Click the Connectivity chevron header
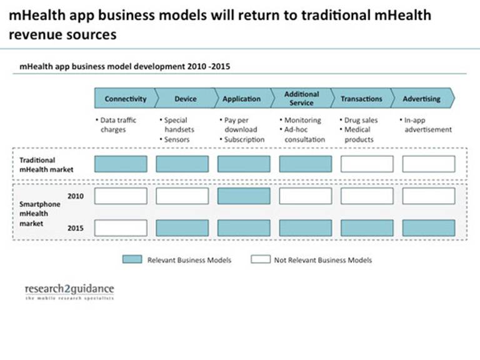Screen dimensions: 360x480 click(125, 99)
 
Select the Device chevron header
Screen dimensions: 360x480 click(185, 99)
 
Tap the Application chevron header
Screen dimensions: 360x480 click(241, 99)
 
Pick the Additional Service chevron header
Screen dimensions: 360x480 click(301, 99)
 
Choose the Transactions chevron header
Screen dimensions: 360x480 click(361, 99)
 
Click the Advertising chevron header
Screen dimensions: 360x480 click(422, 99)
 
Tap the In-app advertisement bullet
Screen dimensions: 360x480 click(426, 124)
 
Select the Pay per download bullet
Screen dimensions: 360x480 click(241, 124)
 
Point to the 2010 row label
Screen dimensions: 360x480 click(75, 196)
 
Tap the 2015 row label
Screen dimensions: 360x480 click(75, 228)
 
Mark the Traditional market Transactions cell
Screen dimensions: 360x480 click(367, 164)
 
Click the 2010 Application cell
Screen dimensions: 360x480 click(244, 196)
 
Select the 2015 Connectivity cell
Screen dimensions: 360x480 click(121, 227)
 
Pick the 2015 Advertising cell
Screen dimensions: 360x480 click(428, 227)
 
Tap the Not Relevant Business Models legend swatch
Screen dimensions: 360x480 click(260, 259)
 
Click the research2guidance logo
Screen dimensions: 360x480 click(69, 291)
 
